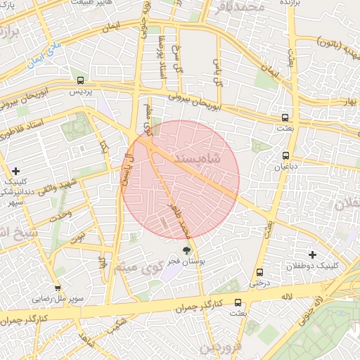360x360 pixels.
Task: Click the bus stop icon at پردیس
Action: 81,80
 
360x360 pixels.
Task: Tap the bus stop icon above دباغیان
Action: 285,155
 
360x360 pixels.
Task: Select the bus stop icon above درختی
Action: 260,272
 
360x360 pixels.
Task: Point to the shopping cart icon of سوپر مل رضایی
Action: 58,288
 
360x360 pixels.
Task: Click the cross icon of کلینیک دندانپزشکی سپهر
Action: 16,171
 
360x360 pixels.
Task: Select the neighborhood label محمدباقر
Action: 241,7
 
